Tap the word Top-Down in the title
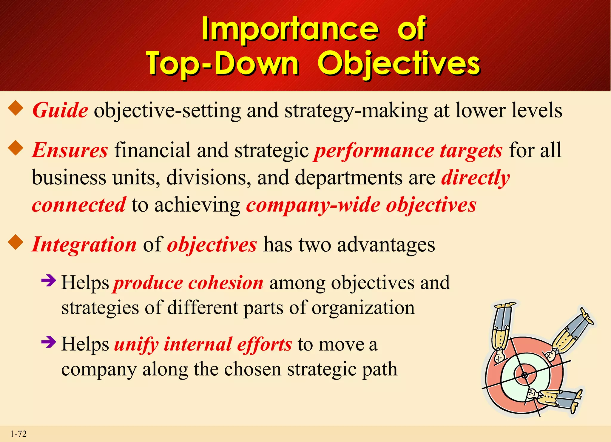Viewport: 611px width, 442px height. (x=222, y=63)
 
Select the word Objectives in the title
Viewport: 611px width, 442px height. (x=399, y=63)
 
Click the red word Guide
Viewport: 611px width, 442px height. (x=60, y=111)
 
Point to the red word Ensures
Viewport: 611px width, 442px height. (x=70, y=150)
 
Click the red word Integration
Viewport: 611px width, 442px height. (x=84, y=245)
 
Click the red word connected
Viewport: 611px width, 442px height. (x=79, y=205)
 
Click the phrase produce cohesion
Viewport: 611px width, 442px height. (x=188, y=283)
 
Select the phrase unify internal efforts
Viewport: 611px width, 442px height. (x=203, y=345)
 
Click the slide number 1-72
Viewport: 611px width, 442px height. (x=18, y=434)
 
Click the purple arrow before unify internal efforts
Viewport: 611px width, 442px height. (x=49, y=342)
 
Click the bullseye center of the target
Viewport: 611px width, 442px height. (x=524, y=375)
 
